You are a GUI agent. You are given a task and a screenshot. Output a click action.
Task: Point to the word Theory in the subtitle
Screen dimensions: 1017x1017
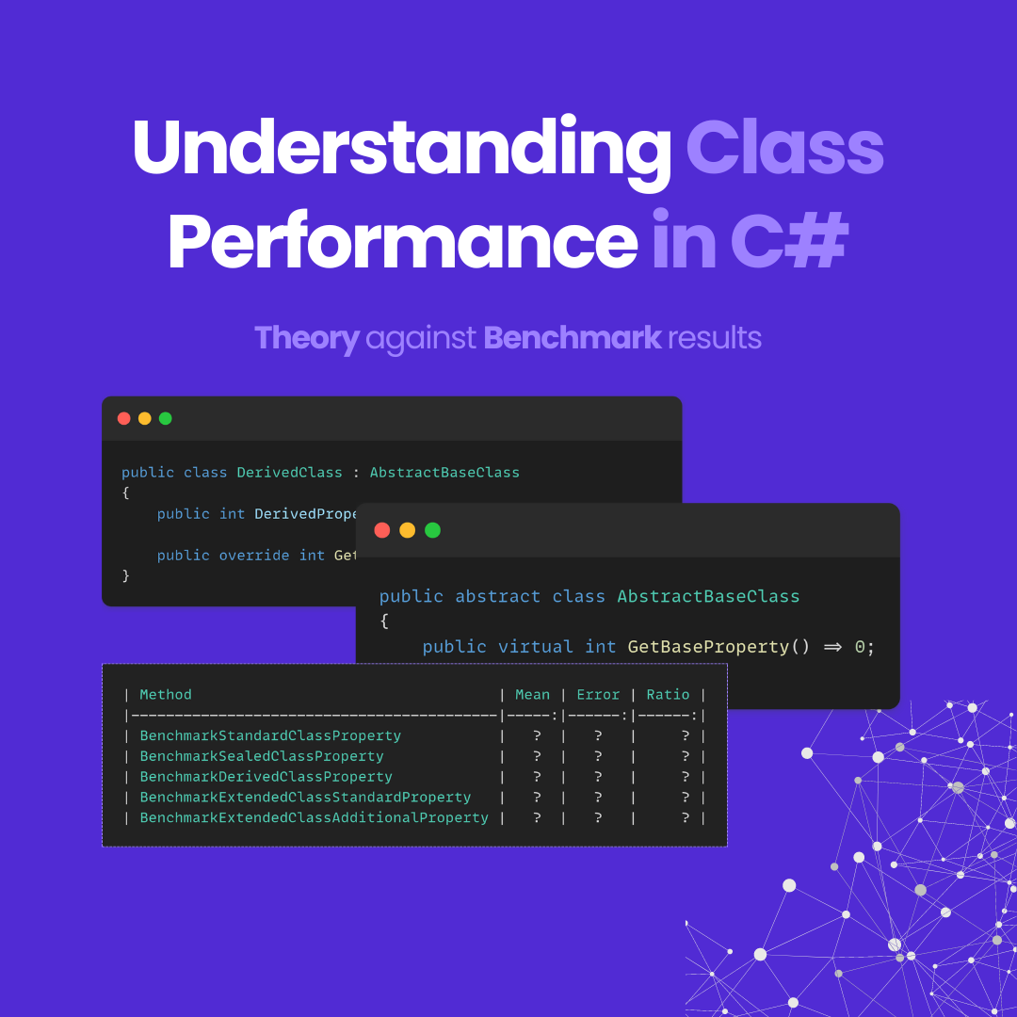(x=306, y=338)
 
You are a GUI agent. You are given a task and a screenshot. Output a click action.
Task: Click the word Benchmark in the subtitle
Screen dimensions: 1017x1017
(x=572, y=338)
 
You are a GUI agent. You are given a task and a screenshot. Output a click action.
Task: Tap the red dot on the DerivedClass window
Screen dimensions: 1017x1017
(x=124, y=418)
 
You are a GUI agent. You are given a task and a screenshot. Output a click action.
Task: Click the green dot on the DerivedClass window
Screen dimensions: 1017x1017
(x=166, y=418)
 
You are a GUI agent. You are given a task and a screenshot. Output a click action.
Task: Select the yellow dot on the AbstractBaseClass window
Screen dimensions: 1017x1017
(x=407, y=530)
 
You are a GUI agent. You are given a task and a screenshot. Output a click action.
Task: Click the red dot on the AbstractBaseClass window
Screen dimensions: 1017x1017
(x=382, y=530)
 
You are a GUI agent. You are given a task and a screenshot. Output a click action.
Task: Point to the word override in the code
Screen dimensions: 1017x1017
(x=254, y=556)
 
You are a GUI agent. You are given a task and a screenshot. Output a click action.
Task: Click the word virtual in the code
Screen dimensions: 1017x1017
(x=535, y=647)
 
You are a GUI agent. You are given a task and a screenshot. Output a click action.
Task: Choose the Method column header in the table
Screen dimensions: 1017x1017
(x=166, y=695)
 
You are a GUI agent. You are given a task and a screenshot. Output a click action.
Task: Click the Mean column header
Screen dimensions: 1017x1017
(x=532, y=695)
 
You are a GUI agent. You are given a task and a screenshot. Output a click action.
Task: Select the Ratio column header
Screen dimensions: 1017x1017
(x=668, y=695)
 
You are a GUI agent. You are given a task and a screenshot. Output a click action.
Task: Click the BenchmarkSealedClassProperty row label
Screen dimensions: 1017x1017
(x=262, y=756)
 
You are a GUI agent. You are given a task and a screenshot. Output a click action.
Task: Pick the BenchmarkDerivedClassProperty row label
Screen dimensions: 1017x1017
(x=266, y=777)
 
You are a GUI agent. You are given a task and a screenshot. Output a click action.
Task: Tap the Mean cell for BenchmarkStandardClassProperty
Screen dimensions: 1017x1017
(x=536, y=735)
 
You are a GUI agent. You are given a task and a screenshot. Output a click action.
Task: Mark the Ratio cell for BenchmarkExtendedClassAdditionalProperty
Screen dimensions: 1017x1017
(x=686, y=818)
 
